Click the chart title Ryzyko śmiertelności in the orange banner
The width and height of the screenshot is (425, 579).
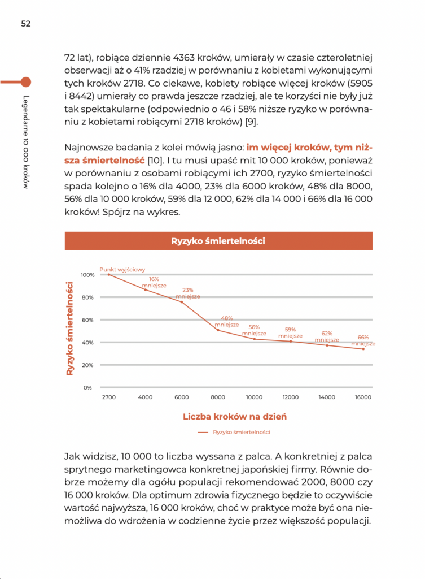tap(218, 241)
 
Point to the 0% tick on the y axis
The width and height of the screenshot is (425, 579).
tap(88, 388)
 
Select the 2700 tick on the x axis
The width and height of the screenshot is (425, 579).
tap(109, 397)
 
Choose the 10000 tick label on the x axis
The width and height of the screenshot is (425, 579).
tap(254, 397)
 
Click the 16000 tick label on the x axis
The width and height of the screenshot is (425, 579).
tap(363, 397)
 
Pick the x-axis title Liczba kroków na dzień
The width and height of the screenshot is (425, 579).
tap(235, 417)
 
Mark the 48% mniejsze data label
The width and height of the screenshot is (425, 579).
tap(227, 322)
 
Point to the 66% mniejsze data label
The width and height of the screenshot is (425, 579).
tap(363, 340)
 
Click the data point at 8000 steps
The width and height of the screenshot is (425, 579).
tap(218, 330)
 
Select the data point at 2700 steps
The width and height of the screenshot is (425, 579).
tap(109, 274)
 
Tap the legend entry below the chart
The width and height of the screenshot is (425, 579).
tap(234, 433)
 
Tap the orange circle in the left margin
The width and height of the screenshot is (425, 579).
tap(25, 81)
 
